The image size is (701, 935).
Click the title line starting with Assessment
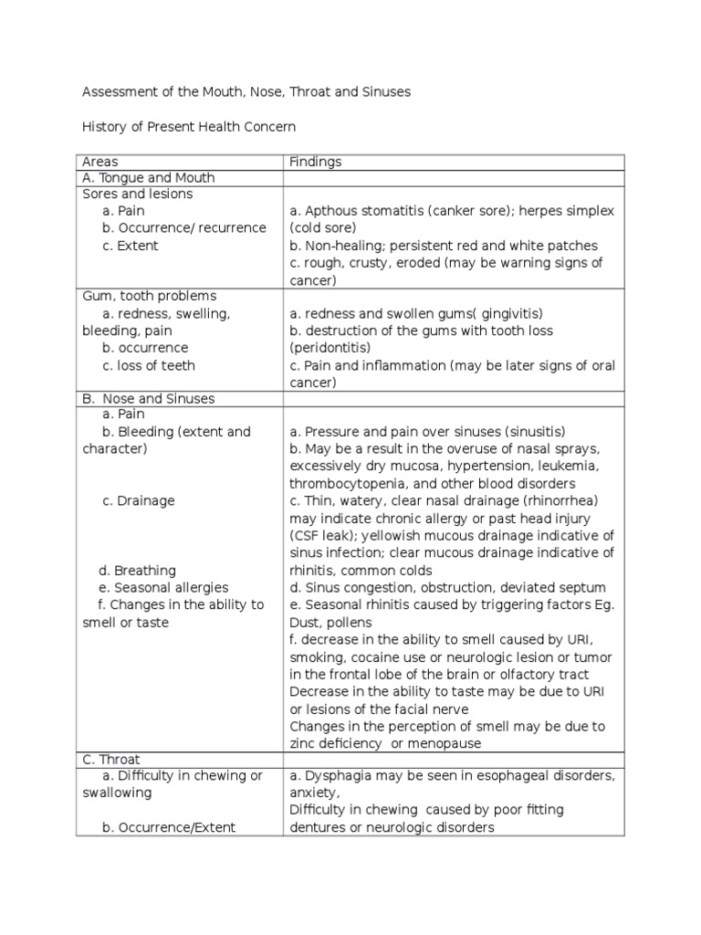point(246,92)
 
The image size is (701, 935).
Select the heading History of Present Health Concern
point(189,127)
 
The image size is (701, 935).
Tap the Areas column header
point(100,162)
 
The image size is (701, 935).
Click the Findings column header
point(315,162)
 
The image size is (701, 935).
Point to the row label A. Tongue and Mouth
point(149,178)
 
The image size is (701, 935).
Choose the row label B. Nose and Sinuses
point(150,399)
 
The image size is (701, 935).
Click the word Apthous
point(331,211)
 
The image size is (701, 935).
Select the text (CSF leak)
point(323,535)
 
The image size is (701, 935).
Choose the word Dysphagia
point(337,776)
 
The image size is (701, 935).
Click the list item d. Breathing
point(139,571)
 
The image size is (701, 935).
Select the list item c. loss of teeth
point(149,365)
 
